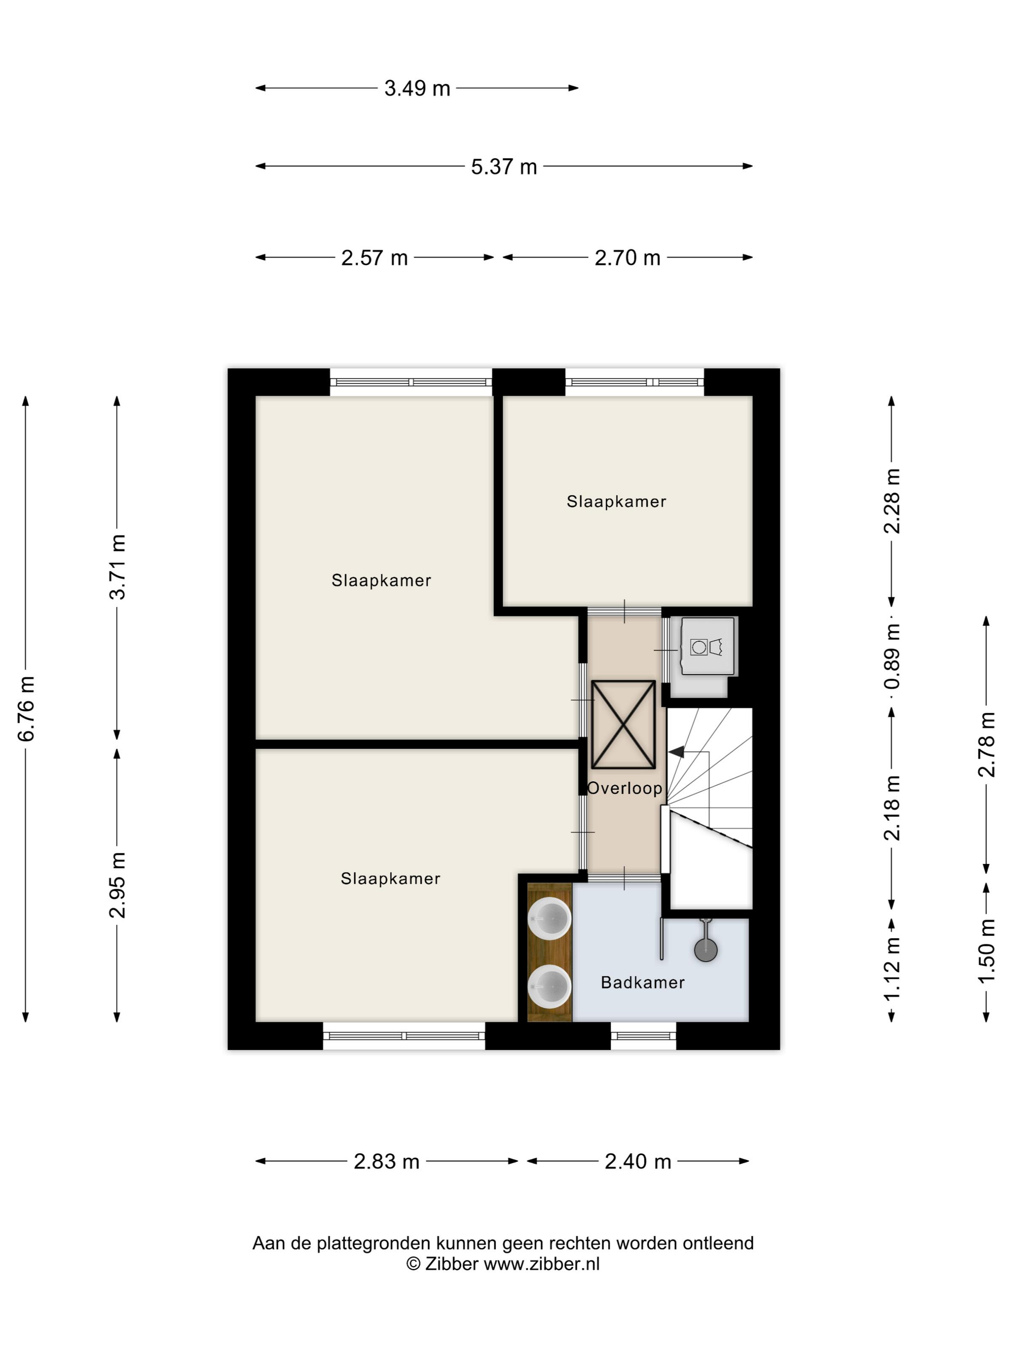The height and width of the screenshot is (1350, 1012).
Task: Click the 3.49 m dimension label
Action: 417,89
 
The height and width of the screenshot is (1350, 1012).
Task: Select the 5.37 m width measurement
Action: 504,167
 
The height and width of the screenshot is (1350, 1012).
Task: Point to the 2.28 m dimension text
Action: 892,500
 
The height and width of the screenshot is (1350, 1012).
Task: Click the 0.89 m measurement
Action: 892,657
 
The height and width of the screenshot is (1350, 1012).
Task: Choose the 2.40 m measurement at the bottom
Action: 638,1161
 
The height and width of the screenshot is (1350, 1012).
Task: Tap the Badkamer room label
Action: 642,982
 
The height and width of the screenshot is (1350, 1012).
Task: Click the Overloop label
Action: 625,788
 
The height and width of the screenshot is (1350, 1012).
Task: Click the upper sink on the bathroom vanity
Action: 550,918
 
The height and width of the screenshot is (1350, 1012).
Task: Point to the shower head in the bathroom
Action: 706,949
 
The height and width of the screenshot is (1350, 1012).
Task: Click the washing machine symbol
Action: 707,647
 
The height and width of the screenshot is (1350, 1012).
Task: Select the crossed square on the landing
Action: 624,725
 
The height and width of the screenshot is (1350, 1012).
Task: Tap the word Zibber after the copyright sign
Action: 452,1264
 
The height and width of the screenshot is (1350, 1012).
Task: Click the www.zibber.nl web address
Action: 542,1264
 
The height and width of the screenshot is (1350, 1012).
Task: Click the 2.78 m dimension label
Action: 986,744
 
